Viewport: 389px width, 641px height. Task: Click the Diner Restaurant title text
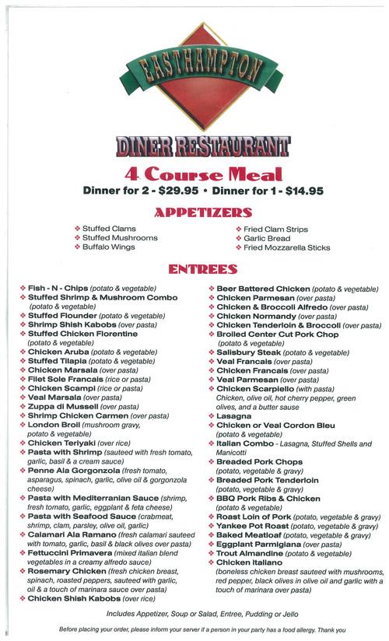(x=194, y=146)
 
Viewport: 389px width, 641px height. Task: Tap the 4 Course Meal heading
(x=194, y=174)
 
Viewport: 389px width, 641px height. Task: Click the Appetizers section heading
(x=194, y=211)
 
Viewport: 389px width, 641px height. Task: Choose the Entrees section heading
(x=195, y=270)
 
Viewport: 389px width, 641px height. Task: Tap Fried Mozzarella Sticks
(x=286, y=247)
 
